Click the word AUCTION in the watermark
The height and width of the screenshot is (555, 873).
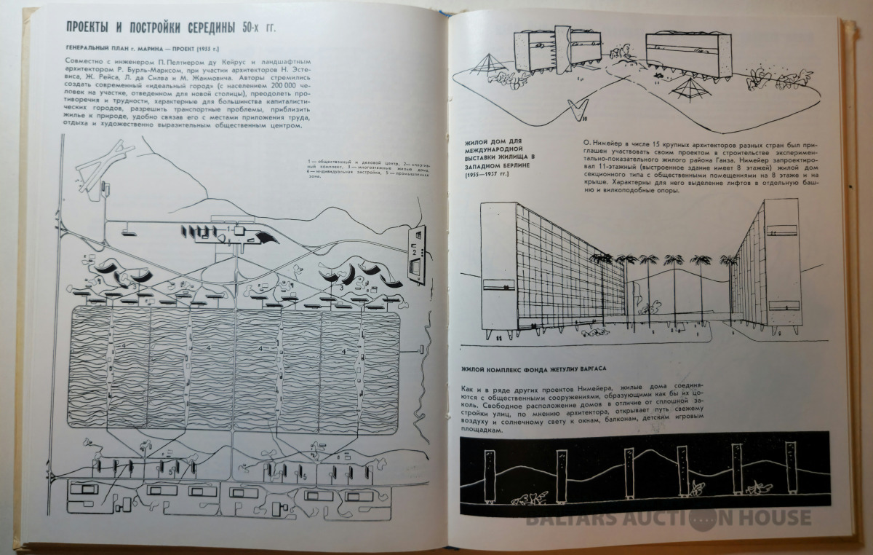click(x=644, y=518)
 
